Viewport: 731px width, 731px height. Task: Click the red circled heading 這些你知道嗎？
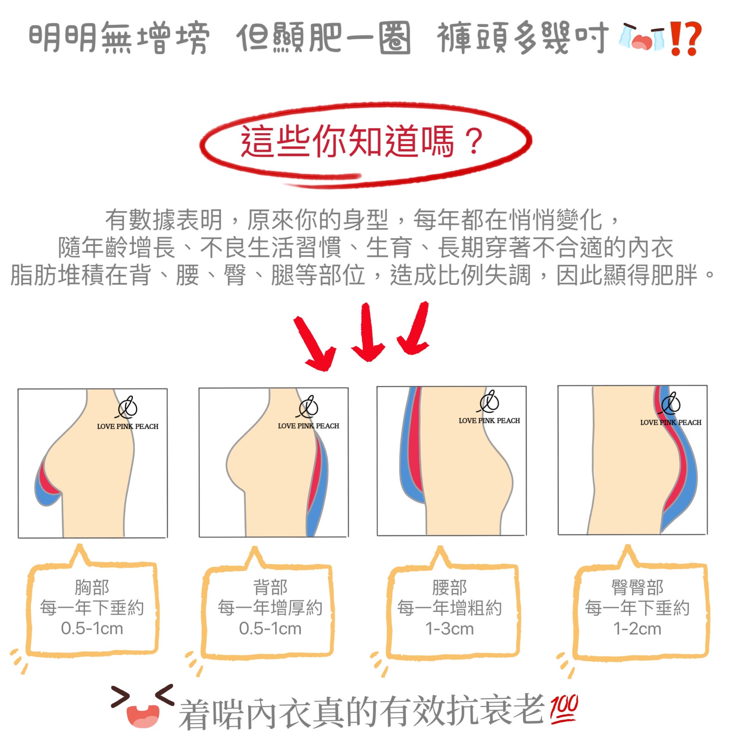[x=362, y=140]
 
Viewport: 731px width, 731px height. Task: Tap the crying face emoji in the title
[x=642, y=37]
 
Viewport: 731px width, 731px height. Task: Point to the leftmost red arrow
[x=314, y=343]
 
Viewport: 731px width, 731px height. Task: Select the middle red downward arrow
[x=367, y=331]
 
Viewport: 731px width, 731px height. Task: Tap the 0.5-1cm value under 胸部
[x=92, y=629]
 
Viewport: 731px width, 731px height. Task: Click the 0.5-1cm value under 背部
[x=270, y=629]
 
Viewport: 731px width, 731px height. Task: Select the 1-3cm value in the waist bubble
[x=450, y=629]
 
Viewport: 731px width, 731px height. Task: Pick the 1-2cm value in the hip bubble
[x=637, y=629]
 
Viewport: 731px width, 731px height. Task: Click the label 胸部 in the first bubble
[x=92, y=587]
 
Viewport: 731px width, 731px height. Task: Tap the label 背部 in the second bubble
[x=270, y=587]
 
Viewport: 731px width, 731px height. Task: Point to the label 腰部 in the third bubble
[x=450, y=587]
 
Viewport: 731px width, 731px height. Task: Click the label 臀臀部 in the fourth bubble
[x=637, y=587]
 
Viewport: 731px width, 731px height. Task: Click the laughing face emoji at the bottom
[x=142, y=706]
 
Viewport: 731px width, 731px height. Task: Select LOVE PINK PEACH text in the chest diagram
[x=128, y=426]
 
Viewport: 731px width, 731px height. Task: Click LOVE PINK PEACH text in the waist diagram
[x=489, y=421]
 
